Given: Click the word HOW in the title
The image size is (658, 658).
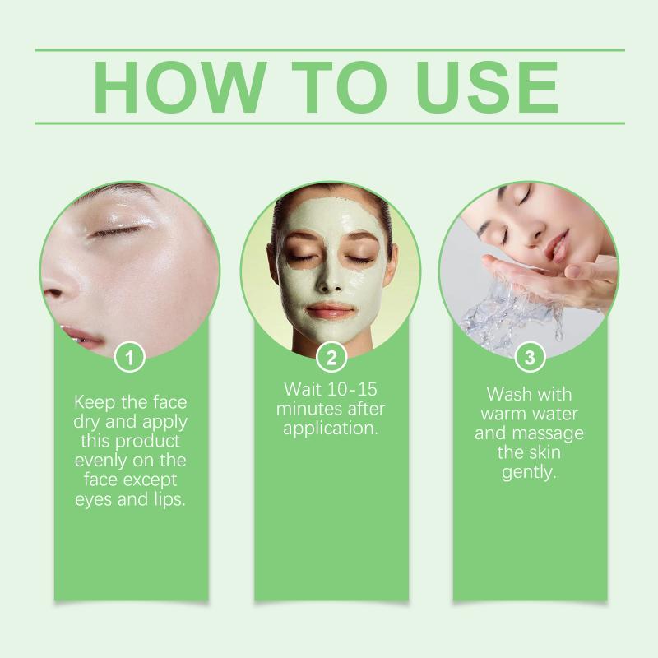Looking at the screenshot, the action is pos(179,87).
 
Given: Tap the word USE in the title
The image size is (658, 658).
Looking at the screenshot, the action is pos(487,87).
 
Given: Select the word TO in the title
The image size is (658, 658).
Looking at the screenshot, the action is pos(339,87).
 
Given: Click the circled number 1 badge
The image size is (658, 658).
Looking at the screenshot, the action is pos(130,358).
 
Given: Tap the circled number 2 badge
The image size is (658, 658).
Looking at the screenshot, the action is pos(331,358).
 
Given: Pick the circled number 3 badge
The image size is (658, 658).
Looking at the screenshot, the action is pos(530,358).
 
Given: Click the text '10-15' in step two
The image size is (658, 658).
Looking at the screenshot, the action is pos(352,389).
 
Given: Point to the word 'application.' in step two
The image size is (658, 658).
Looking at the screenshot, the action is pos(331,429).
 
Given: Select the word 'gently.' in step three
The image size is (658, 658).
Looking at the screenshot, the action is pos(529,472).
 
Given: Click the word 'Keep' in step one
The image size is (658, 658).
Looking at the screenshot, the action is pos(95,402).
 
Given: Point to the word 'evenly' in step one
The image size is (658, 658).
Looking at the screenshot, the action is pos(102,461).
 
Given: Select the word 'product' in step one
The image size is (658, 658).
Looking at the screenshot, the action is pos(147,442).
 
